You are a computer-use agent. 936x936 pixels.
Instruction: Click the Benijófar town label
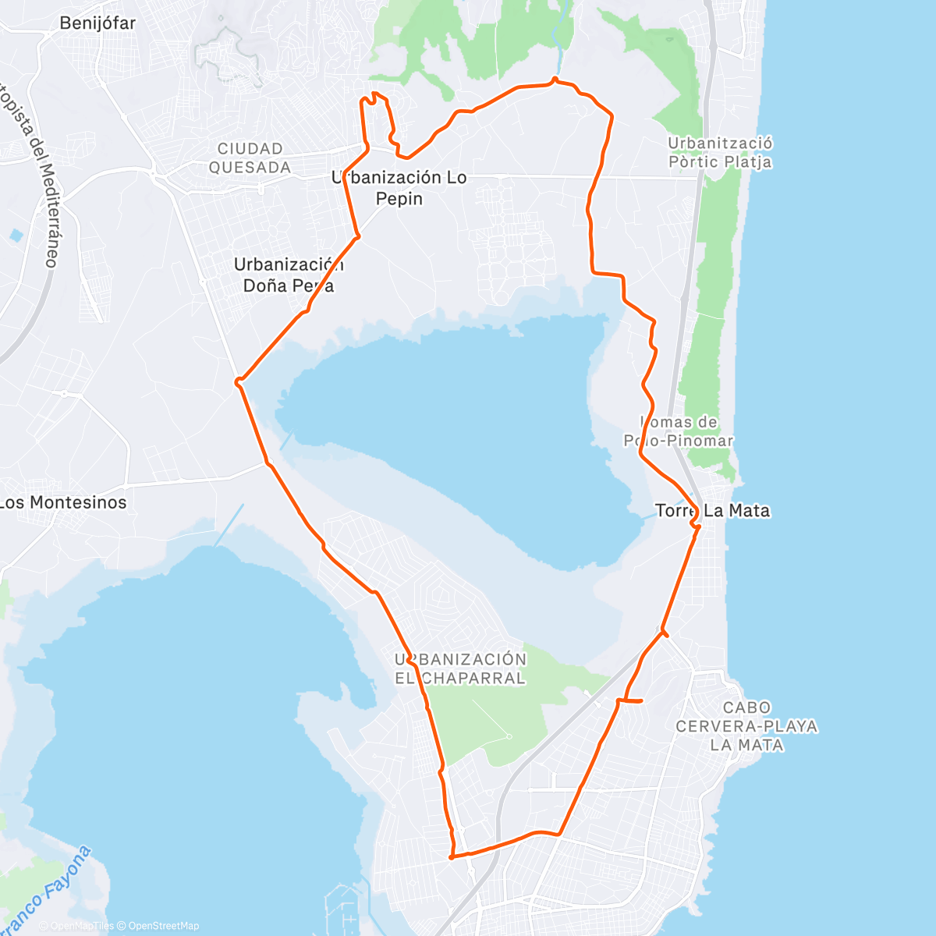click(x=97, y=23)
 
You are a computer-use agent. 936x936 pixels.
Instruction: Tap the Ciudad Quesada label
click(x=250, y=158)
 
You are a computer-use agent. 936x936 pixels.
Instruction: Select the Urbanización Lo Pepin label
click(x=399, y=188)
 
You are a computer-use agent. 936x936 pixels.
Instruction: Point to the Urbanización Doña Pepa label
click(x=289, y=275)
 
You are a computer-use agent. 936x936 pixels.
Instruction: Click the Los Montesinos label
click(x=63, y=502)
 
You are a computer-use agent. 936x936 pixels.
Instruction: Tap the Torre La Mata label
click(x=712, y=511)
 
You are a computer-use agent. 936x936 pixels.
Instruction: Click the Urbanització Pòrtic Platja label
click(x=720, y=153)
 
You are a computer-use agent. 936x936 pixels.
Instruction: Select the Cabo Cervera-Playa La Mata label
click(x=746, y=726)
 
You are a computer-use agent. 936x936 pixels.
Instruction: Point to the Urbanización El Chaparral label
click(x=460, y=668)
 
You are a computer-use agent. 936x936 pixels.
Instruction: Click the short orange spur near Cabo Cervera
click(x=630, y=700)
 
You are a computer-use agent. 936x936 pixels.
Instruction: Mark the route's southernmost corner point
click(x=452, y=857)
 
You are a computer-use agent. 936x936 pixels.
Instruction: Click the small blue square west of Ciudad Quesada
click(x=16, y=235)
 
